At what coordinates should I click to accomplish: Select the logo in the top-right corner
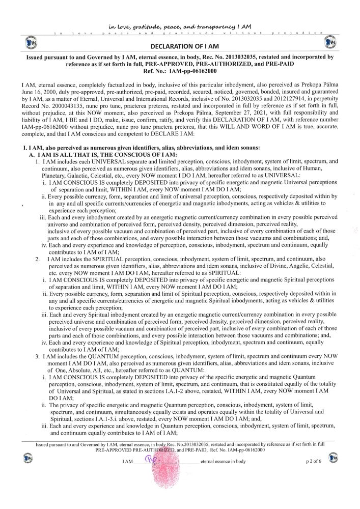pos(329,41)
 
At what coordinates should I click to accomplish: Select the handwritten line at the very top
pos(180,26)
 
